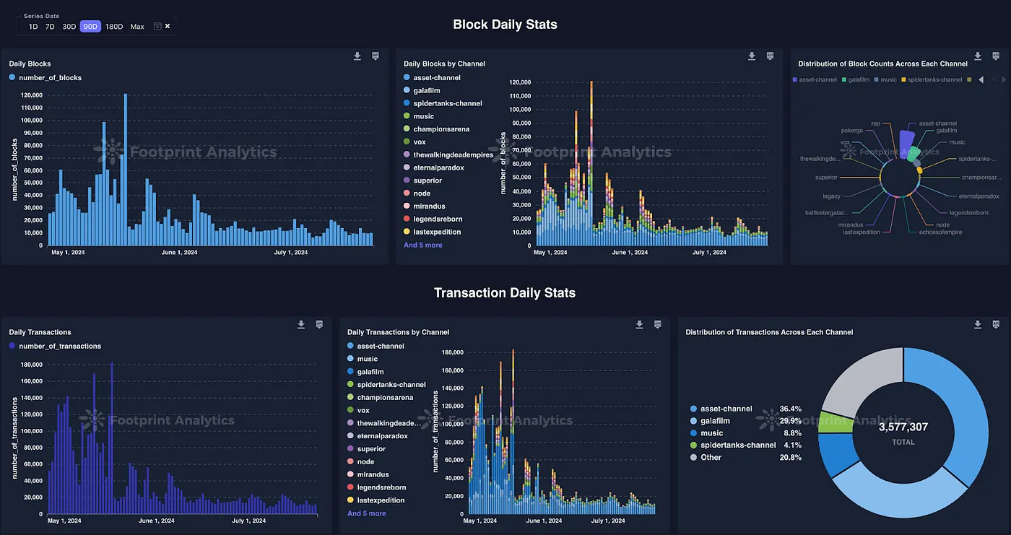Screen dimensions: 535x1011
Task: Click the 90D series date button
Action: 90,27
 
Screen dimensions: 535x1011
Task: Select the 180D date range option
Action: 114,27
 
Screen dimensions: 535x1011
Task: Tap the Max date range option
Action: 137,27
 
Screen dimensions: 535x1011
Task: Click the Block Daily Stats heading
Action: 505,25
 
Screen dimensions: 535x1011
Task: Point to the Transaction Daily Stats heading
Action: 505,293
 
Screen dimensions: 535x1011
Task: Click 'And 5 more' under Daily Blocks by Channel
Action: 423,245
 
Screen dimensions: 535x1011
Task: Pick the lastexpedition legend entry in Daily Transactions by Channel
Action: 381,500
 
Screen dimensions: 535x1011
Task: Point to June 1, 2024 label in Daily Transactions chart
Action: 156,521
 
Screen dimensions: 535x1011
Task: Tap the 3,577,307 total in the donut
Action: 903,427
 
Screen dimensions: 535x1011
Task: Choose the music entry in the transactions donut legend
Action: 711,433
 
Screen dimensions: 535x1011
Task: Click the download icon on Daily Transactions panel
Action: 301,325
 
